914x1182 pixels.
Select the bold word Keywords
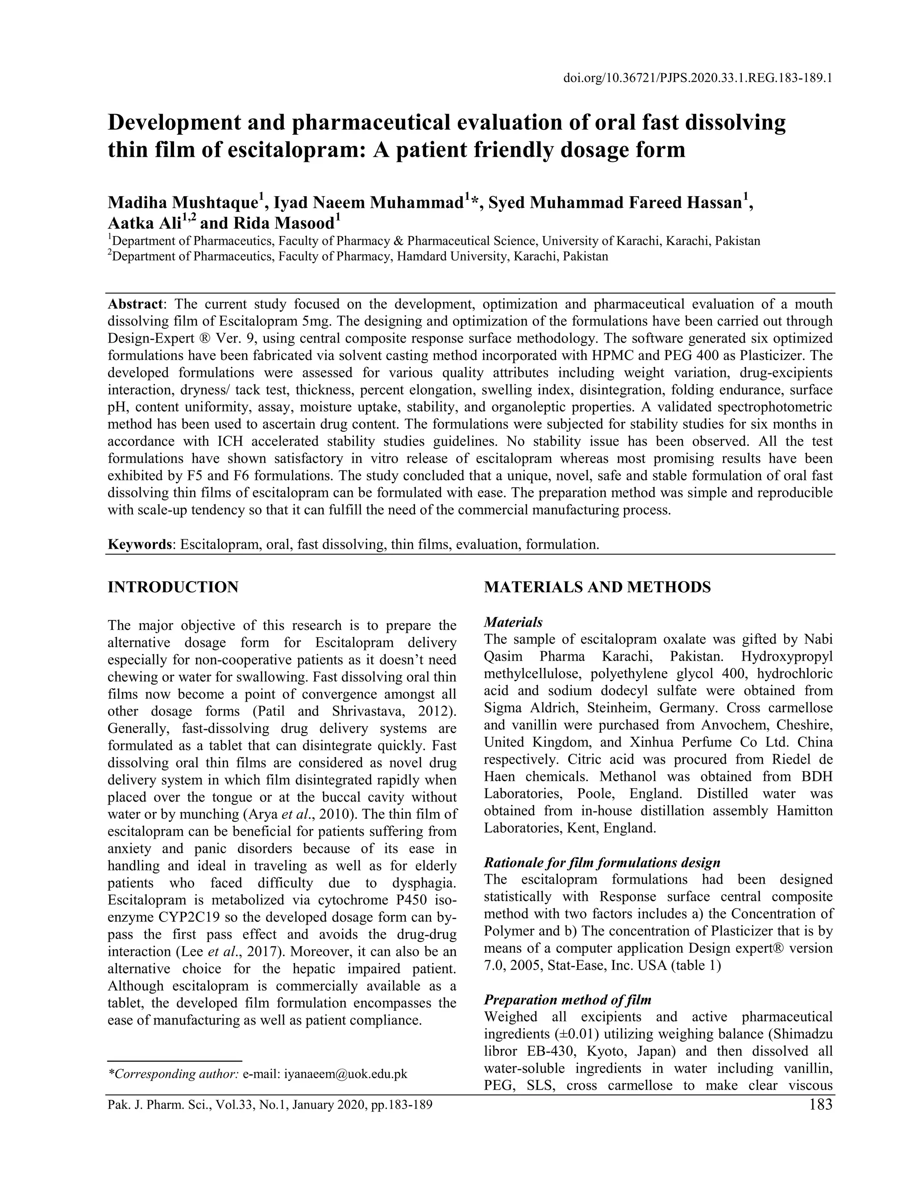pyautogui.click(x=140, y=544)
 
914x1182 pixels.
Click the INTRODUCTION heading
pyautogui.click(x=173, y=587)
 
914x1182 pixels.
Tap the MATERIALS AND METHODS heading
pyautogui.click(x=597, y=587)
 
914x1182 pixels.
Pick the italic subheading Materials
pyautogui.click(x=513, y=622)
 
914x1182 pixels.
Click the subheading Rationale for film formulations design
pyautogui.click(x=602, y=863)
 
